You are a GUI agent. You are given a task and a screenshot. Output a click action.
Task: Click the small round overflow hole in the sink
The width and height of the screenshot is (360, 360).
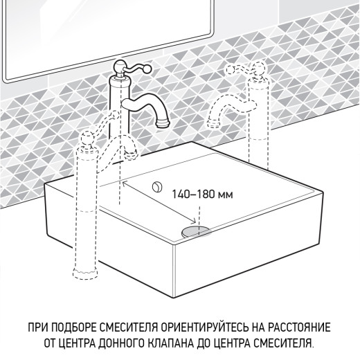pos(157,185)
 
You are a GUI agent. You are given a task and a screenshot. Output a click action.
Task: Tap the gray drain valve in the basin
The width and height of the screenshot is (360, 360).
pos(196,229)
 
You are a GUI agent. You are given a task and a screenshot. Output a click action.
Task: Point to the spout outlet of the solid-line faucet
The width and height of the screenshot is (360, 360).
pos(164,123)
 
